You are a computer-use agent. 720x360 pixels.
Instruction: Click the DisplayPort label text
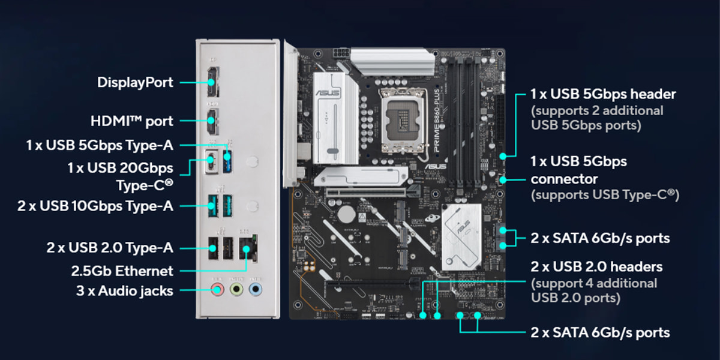135,82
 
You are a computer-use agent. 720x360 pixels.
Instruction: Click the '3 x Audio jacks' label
125,291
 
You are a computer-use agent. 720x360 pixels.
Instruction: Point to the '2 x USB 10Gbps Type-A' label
95,206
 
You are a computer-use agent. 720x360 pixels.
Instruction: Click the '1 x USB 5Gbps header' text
603,94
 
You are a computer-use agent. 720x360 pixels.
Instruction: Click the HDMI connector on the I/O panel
213,121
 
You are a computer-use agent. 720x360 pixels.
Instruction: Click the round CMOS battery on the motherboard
346,214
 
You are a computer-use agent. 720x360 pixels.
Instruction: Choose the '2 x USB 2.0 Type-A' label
110,247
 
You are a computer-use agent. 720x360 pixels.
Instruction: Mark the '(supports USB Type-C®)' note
604,195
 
